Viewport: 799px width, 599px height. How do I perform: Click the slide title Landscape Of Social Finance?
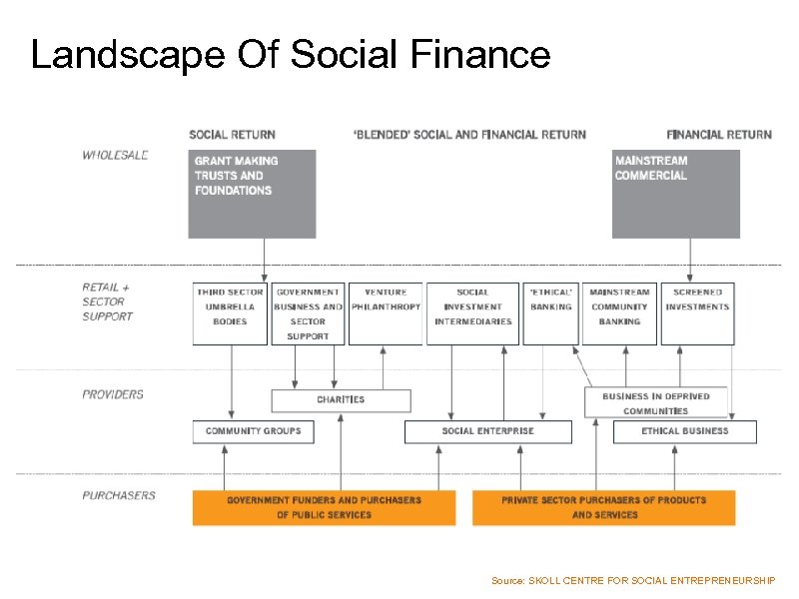coord(291,54)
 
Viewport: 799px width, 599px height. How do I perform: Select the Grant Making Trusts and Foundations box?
coord(252,194)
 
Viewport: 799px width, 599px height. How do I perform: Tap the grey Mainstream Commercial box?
coord(675,194)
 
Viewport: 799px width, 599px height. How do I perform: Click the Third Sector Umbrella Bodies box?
coord(230,313)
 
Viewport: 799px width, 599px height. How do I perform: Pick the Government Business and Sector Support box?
coord(308,313)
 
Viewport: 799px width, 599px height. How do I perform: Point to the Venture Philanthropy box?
coord(386,313)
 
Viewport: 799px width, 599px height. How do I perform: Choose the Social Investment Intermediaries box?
coord(472,313)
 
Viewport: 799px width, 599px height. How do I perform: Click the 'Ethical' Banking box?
coord(550,313)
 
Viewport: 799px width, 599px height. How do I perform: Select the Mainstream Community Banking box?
coord(619,313)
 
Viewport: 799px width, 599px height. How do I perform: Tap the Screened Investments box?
coord(697,313)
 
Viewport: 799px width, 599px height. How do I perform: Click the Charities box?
coord(341,400)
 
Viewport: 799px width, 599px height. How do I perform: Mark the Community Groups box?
coord(253,431)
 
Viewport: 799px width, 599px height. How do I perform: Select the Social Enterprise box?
coord(487,431)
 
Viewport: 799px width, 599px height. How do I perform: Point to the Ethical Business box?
coord(684,431)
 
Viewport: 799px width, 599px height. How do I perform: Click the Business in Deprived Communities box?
coord(655,402)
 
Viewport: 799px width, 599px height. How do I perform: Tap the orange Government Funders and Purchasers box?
coord(324,507)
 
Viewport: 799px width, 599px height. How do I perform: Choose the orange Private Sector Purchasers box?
coord(603,507)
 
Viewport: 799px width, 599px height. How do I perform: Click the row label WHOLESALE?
coord(115,155)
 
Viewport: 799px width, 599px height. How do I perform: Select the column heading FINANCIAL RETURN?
coord(719,135)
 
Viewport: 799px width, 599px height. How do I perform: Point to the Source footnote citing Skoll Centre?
coord(633,580)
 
